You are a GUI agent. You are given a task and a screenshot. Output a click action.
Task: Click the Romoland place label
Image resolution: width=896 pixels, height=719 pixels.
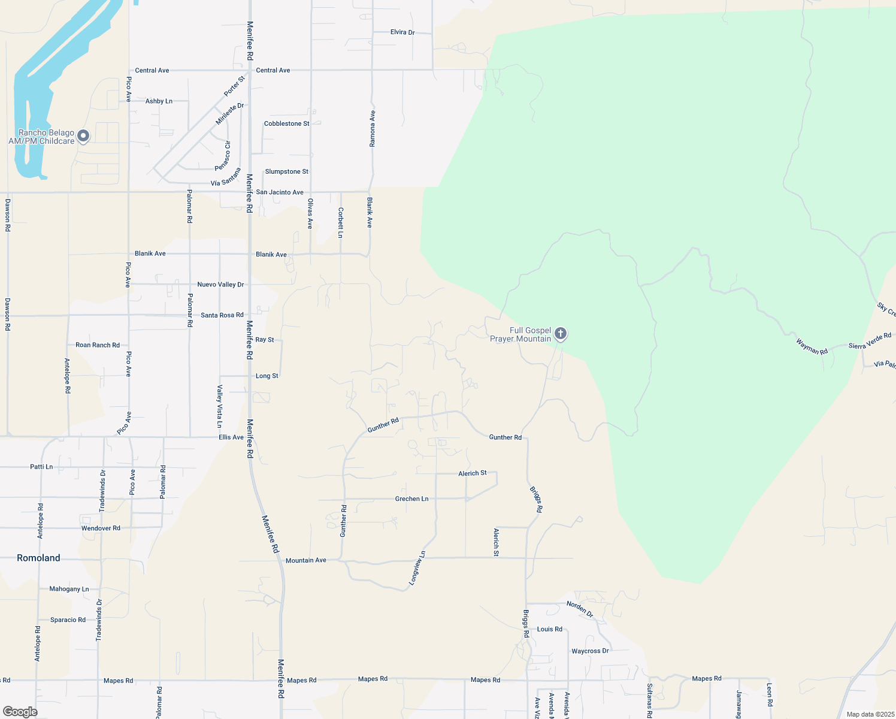[38, 558]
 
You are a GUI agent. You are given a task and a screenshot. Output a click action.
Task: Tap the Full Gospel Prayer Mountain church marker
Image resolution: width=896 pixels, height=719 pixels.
[560, 333]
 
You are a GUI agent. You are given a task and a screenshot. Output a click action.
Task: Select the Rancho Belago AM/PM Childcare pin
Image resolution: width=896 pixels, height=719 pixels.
[83, 136]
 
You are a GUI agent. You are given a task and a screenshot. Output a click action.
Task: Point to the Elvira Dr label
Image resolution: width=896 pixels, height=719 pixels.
[402, 32]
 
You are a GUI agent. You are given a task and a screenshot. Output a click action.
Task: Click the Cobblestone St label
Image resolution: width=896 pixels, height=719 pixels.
[287, 123]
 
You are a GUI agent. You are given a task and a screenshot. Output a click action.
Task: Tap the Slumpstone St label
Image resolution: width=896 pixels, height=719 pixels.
[287, 171]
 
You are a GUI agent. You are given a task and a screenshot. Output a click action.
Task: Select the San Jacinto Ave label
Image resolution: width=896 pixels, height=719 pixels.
[280, 192]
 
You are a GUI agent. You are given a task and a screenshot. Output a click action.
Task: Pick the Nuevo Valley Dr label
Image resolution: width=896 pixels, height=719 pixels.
[220, 285]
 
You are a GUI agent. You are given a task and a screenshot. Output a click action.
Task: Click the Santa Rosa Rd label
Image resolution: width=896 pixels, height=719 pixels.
[222, 315]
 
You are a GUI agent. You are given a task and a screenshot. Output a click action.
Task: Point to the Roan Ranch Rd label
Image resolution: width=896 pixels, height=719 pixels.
[98, 345]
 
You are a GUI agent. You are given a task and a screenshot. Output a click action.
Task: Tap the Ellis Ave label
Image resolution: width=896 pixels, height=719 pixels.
[231, 437]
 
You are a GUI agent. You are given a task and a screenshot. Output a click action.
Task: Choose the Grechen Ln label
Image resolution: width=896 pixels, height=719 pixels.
[411, 499]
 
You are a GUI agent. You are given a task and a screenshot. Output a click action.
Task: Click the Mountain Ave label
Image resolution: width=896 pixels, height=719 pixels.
[306, 560]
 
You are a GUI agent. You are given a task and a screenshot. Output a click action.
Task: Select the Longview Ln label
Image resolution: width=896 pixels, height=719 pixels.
[417, 568]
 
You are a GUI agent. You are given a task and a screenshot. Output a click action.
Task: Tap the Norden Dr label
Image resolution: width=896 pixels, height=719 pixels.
[580, 609]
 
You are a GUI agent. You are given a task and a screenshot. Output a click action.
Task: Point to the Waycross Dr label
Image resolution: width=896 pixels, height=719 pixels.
[590, 651]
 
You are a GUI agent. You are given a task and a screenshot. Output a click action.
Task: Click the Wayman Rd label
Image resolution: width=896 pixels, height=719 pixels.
[812, 346]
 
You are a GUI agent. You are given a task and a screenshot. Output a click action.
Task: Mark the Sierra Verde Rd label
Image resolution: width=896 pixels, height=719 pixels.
[870, 341]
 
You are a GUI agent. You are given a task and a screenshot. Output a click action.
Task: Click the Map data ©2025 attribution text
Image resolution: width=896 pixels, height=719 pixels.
[870, 714]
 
